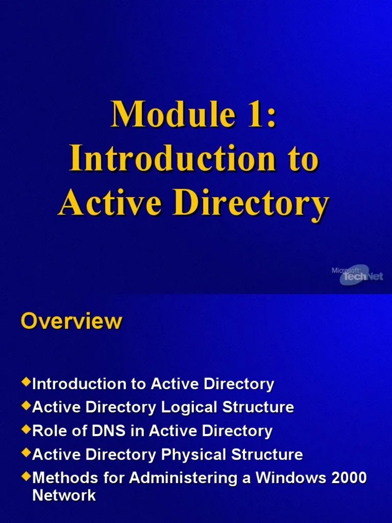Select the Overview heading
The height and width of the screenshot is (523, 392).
point(71,321)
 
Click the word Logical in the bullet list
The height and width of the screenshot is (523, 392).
point(188,408)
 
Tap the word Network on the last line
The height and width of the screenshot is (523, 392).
point(64,495)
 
